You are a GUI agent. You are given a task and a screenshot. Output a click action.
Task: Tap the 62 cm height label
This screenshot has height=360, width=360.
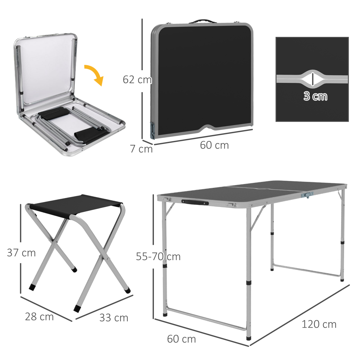click(x=137, y=79)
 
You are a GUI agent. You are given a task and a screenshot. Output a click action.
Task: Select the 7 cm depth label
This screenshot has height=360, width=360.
click(x=141, y=149)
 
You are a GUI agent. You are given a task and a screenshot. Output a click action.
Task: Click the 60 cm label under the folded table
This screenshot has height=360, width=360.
click(x=214, y=145)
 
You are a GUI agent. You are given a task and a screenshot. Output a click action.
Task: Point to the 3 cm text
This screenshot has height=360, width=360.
click(x=315, y=96)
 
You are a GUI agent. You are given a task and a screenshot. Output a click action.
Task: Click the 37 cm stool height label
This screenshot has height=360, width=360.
click(x=21, y=253)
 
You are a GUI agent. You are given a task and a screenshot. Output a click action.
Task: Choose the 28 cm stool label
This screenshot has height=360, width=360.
click(x=39, y=316)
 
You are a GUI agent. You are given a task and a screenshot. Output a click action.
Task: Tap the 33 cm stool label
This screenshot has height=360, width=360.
click(x=114, y=318)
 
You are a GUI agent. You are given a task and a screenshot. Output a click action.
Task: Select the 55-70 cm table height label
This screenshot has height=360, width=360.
click(x=158, y=256)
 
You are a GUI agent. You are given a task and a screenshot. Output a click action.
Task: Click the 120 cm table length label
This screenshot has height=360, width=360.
click(x=319, y=324)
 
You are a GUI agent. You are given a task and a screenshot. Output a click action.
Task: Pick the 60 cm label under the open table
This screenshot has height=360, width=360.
click(x=181, y=339)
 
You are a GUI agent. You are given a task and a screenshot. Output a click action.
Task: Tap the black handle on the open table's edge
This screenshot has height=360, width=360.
click(x=195, y=203)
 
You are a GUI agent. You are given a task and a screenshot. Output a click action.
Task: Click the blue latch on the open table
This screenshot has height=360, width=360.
click(x=307, y=195)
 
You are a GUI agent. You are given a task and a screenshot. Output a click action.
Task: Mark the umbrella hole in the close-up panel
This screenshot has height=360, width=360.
click(x=312, y=79)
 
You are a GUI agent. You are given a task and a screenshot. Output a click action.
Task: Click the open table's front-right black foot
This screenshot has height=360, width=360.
click(x=248, y=338)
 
